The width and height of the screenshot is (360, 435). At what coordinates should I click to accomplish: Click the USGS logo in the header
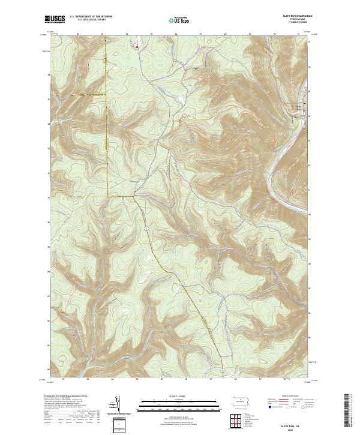pos(56,19)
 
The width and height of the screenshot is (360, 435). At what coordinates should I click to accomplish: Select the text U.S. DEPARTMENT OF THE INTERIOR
pos(91,17)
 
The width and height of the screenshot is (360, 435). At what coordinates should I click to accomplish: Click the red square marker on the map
pos(137,46)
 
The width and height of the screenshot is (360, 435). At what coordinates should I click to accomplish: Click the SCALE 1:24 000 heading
pos(179,397)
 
